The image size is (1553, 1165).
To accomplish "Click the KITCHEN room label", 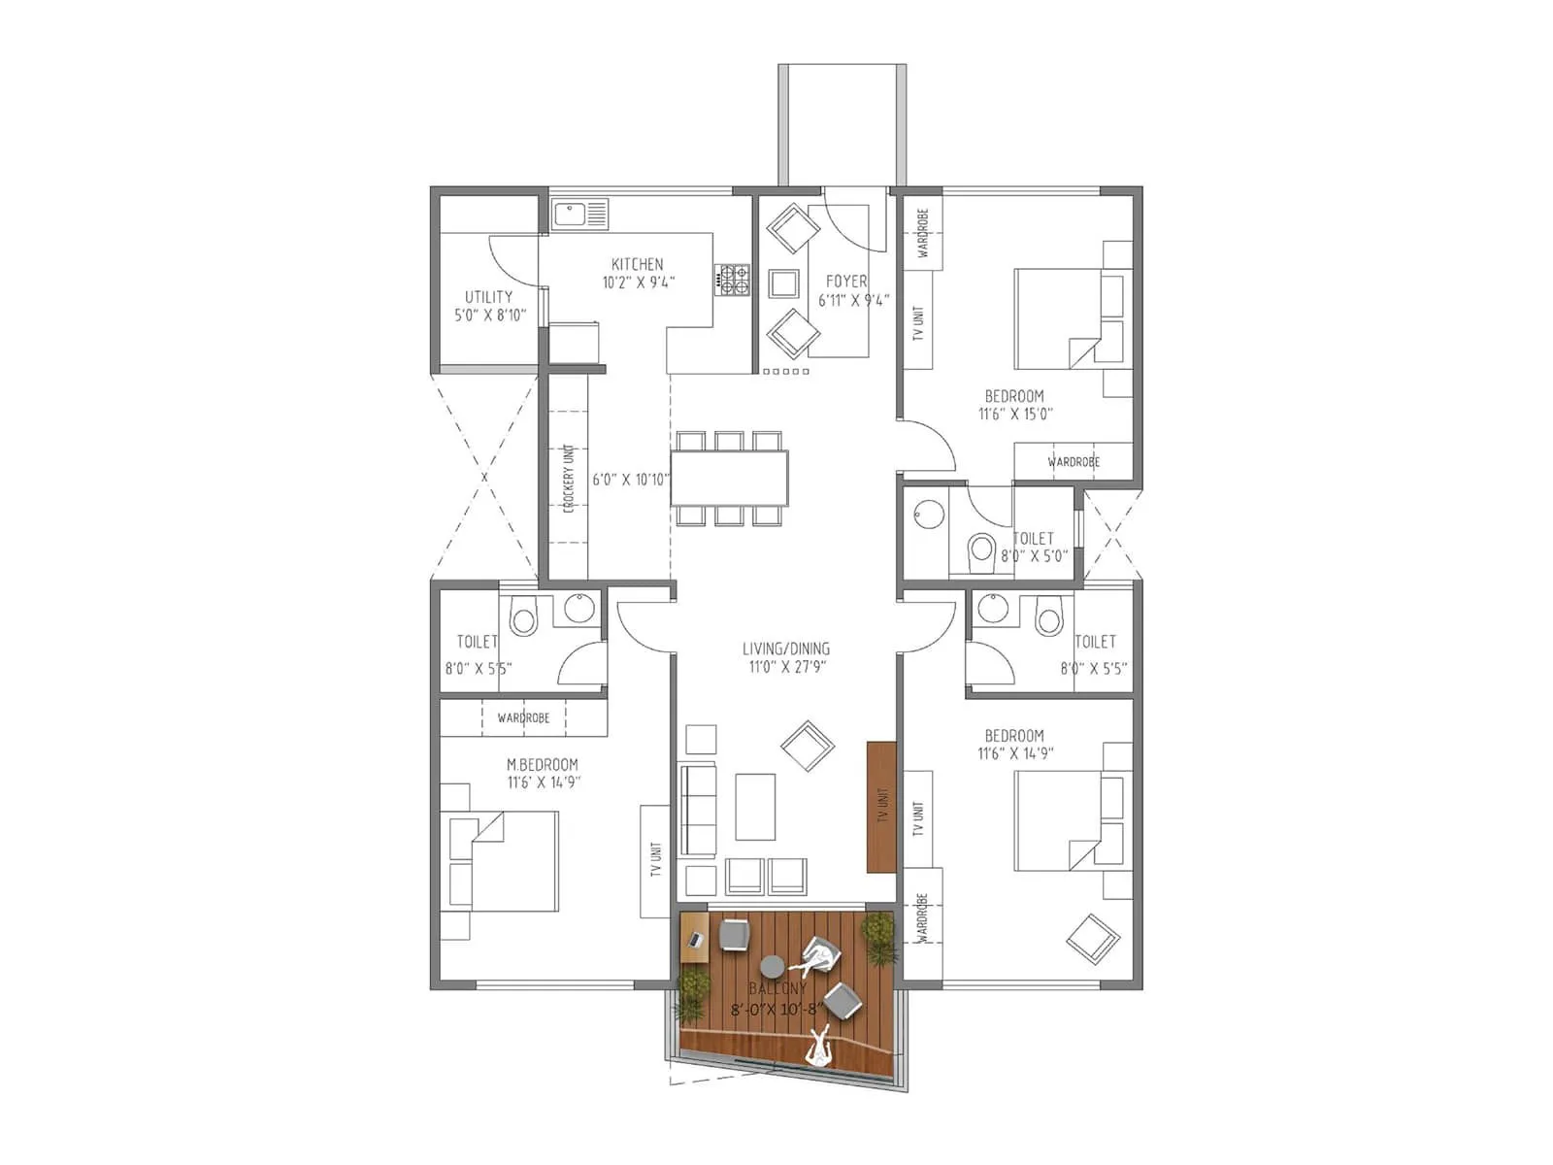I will click(x=637, y=264).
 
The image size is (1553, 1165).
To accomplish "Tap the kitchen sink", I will click(x=579, y=215).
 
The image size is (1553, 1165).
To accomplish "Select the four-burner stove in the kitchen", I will click(x=733, y=280).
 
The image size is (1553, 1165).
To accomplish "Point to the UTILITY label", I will click(x=488, y=297).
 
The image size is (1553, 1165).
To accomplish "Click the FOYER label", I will click(x=846, y=282).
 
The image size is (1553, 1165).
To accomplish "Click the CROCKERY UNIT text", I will click(x=569, y=478).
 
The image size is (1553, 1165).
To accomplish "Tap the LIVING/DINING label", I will click(x=785, y=649).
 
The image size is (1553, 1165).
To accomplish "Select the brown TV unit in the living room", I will click(x=880, y=807).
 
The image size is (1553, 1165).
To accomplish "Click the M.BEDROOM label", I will click(x=542, y=765).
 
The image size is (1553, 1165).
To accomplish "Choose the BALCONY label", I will click(x=776, y=989).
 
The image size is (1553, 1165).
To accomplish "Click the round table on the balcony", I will click(x=772, y=966).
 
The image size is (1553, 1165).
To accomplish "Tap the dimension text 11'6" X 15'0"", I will click(x=1015, y=414).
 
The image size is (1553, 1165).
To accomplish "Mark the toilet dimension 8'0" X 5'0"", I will click(x=1035, y=556).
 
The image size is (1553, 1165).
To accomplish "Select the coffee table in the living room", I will click(x=755, y=807).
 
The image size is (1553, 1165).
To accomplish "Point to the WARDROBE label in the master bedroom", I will click(x=523, y=718).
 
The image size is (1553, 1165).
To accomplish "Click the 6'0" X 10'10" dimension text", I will click(x=631, y=480).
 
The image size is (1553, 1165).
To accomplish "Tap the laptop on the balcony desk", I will click(x=695, y=940).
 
